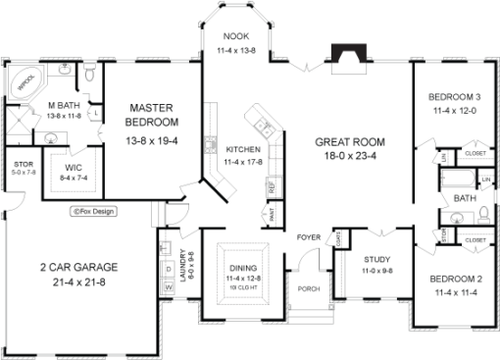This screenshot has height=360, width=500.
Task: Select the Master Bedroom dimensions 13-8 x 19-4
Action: coord(152,142)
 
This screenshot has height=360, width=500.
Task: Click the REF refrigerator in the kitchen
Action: coord(271,185)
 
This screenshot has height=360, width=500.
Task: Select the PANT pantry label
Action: coord(271,213)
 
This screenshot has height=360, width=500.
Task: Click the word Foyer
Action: coord(308,237)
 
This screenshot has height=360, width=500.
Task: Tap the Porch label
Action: coord(308,288)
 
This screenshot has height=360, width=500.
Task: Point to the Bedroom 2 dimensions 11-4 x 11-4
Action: coord(455,292)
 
